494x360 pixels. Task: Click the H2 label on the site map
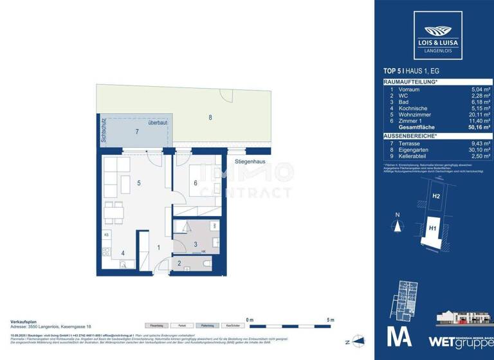click(x=436, y=196)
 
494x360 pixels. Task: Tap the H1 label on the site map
click(x=433, y=227)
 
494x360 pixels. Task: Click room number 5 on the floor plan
click(x=139, y=183)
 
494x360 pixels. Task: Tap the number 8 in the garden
click(x=210, y=117)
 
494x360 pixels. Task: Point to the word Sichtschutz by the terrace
click(x=102, y=132)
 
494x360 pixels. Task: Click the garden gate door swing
click(x=226, y=94)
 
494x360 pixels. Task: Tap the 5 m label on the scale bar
click(x=330, y=319)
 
